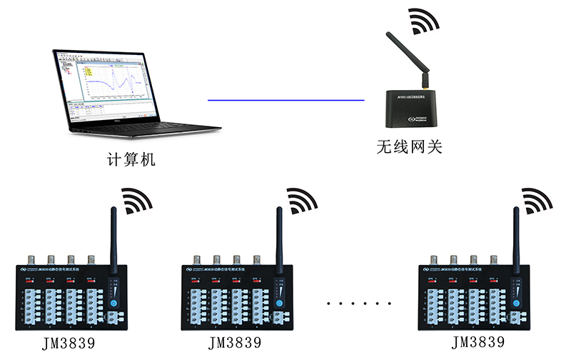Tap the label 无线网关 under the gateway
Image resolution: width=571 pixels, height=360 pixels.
tap(410, 147)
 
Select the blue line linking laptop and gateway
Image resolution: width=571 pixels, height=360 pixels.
tap(285, 101)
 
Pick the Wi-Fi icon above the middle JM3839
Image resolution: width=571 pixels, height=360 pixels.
tap(300, 201)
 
